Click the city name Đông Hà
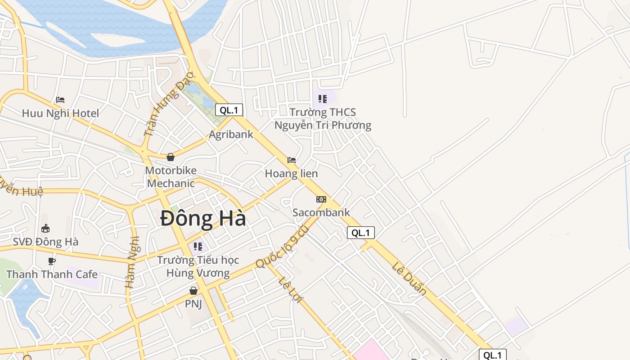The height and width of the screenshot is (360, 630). point(203,219)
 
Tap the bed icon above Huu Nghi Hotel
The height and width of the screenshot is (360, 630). point(60,100)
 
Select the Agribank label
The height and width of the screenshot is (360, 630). point(231,134)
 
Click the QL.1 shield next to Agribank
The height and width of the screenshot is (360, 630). point(229,110)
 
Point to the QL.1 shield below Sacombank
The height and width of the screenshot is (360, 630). point(361,233)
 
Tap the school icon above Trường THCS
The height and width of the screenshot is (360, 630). point(323,99)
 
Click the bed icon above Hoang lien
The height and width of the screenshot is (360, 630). point(292,160)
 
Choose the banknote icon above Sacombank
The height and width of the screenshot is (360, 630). point(321,199)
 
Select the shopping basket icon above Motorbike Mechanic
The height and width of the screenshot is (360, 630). point(171,157)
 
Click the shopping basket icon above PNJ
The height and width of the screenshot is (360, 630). point(193,291)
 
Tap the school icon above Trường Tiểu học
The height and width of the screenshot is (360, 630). point(198,247)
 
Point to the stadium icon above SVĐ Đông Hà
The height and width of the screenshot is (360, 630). point(45,229)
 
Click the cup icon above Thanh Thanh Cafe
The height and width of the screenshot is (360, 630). point(52,261)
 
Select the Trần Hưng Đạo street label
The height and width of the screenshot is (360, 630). point(168,103)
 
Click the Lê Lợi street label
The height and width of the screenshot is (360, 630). point(291,290)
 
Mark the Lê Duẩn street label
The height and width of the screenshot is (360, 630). point(409,279)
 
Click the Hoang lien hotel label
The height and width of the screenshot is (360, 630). point(291,173)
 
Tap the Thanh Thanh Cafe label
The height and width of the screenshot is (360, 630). point(52,274)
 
